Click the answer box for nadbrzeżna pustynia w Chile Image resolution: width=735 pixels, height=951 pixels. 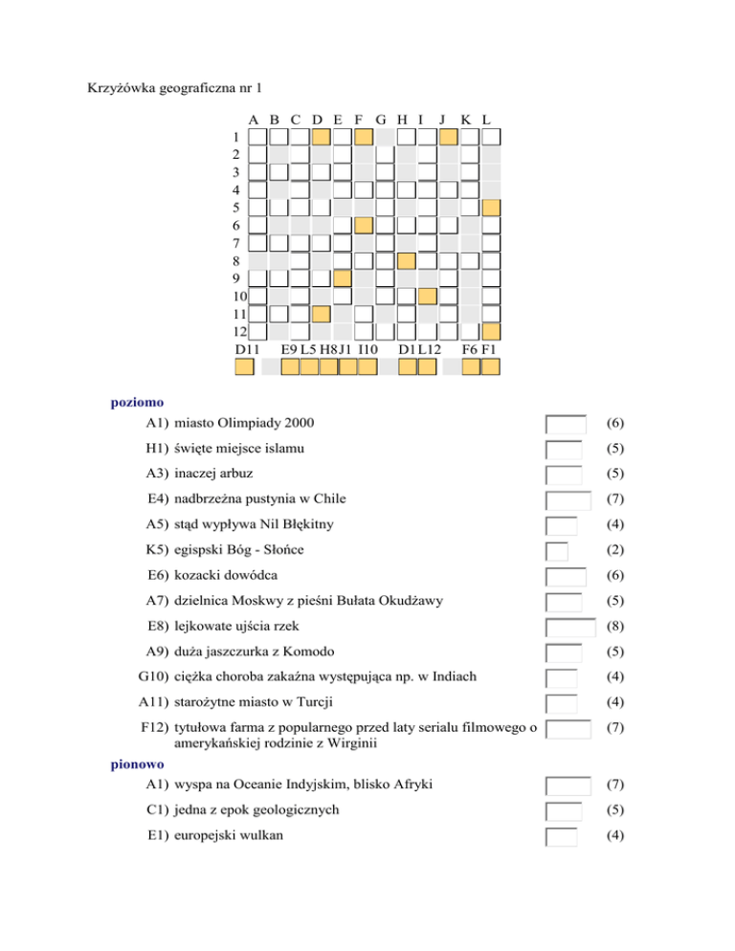568,499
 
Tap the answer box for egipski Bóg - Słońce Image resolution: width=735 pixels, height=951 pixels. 557,551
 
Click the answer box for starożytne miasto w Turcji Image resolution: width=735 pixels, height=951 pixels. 562,704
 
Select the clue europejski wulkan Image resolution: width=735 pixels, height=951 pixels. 225,837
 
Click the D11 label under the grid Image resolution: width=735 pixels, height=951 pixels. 247,350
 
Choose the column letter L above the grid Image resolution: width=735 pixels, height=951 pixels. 487,121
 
